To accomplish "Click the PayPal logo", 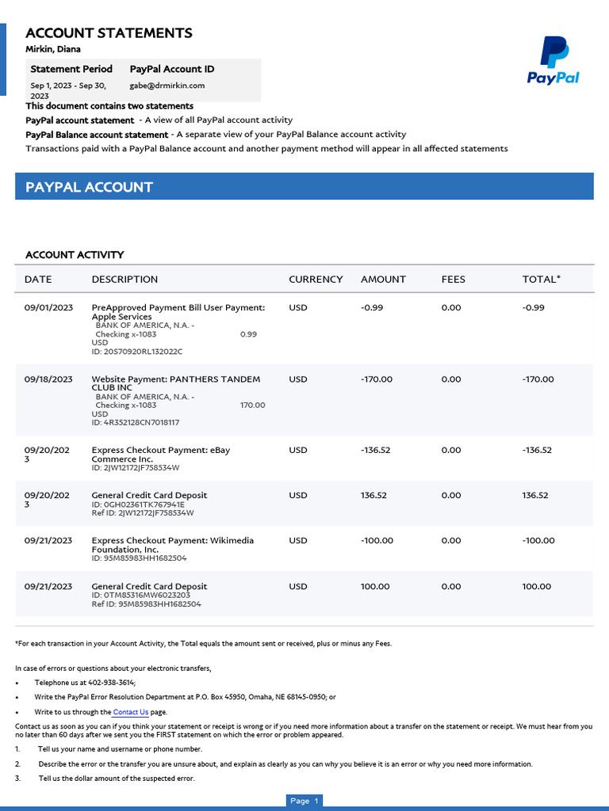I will click(x=553, y=60).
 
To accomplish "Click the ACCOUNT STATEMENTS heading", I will click(x=109, y=32).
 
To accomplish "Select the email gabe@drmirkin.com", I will click(x=167, y=86).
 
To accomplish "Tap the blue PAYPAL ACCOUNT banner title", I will click(x=89, y=187).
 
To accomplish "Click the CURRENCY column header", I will click(x=316, y=279).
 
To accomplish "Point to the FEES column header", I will click(x=454, y=279).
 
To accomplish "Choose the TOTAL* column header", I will click(x=541, y=279).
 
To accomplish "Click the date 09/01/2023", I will click(x=48, y=307).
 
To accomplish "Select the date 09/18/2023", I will click(x=48, y=379).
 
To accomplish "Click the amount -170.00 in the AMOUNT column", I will click(x=377, y=379).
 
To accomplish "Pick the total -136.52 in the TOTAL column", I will click(x=537, y=450).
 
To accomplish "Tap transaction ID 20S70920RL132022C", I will click(x=137, y=352).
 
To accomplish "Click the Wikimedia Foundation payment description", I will click(x=173, y=545).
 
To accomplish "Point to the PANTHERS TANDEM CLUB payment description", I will click(x=175, y=383).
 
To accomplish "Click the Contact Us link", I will click(x=130, y=712).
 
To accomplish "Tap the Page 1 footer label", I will click(x=304, y=801).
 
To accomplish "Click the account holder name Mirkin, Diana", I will click(x=53, y=49).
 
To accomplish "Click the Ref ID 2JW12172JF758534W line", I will click(x=143, y=512).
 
